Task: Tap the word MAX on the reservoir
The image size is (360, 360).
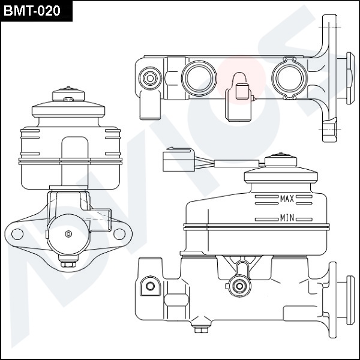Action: pyautogui.click(x=287, y=198)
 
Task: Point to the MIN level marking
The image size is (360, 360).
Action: pyautogui.click(x=287, y=218)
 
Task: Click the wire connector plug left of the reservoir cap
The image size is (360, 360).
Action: pyautogui.click(x=178, y=160)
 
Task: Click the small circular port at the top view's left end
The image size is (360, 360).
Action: pyautogui.click(x=148, y=77)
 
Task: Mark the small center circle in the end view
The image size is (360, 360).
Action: pyautogui.click(x=69, y=233)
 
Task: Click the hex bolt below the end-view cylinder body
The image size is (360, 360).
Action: pyautogui.click(x=68, y=263)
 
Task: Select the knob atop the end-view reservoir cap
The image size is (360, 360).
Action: pyautogui.click(x=68, y=95)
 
